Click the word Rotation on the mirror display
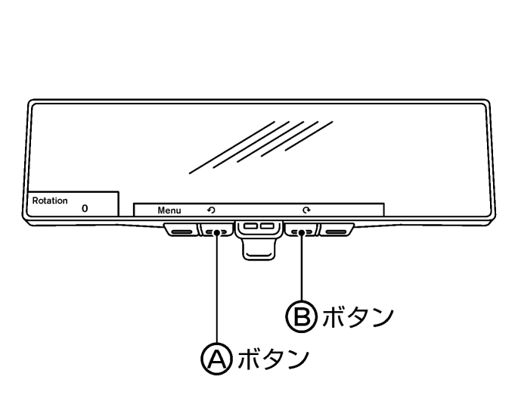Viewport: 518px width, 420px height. [x=50, y=201]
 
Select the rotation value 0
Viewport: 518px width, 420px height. [x=85, y=208]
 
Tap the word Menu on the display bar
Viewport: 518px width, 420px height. [x=169, y=210]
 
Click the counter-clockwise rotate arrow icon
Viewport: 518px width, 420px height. [x=211, y=210]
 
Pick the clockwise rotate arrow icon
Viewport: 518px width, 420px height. [x=306, y=210]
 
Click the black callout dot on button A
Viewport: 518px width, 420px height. [x=217, y=233]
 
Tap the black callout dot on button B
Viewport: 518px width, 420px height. [x=301, y=233]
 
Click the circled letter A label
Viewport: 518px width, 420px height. [x=217, y=359]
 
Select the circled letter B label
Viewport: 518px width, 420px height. [x=301, y=316]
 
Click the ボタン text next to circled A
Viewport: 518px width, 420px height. [x=273, y=359]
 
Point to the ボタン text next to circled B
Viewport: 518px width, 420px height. [x=358, y=316]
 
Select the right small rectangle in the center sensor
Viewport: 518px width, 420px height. [x=267, y=226]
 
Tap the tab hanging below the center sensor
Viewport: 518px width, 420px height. [x=259, y=250]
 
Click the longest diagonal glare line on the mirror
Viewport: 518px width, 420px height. [x=232, y=148]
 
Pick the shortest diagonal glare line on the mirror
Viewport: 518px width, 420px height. [x=309, y=136]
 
